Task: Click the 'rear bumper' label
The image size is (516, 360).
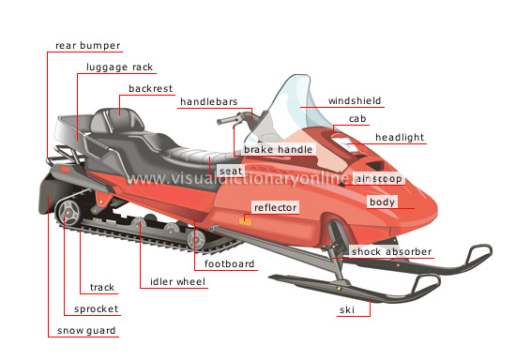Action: [88, 45]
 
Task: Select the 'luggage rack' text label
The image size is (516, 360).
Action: [118, 67]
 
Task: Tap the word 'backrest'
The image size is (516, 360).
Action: [150, 90]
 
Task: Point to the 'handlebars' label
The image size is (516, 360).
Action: [208, 100]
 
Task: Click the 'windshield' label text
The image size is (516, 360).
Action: [354, 100]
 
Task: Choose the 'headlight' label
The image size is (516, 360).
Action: [400, 137]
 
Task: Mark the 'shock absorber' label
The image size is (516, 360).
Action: [392, 251]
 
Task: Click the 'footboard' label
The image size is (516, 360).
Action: [231, 264]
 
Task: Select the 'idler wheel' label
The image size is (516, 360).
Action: [177, 281]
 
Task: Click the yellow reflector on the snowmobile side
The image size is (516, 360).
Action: [244, 221]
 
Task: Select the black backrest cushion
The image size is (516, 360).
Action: [118, 122]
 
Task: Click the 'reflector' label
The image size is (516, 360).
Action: [275, 207]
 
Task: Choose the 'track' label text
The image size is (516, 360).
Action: [102, 287]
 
